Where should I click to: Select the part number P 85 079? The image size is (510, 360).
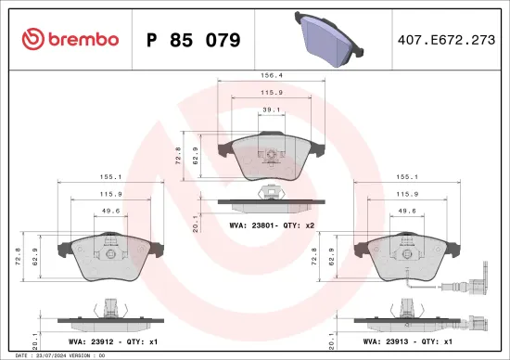[x=194, y=40]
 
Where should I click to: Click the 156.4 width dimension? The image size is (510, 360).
[x=272, y=77]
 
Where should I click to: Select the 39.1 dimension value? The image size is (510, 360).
[x=270, y=109]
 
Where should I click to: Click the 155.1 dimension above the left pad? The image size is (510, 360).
[x=108, y=175]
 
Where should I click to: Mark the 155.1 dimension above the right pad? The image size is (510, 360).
[x=409, y=175]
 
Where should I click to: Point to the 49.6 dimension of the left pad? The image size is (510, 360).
[x=108, y=211]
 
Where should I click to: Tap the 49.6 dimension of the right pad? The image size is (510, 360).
[x=409, y=211]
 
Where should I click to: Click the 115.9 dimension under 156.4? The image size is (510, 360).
[x=270, y=93]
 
